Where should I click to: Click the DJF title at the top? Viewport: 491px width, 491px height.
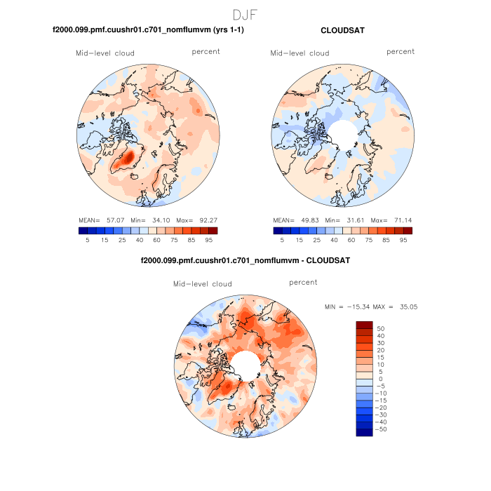[x=245, y=15]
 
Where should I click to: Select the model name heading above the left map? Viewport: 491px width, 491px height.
[x=148, y=31]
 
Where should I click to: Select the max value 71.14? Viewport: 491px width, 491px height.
[x=401, y=220]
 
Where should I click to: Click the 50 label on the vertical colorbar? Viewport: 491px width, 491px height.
[x=381, y=328]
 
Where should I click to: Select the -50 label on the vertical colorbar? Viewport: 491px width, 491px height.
[x=379, y=428]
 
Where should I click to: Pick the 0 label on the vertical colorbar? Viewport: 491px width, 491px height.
[x=379, y=379]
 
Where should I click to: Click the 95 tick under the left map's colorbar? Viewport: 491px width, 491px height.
[x=213, y=240]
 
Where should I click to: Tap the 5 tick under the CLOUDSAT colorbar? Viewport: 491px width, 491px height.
[x=282, y=240]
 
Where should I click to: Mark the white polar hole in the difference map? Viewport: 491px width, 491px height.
[x=245, y=363]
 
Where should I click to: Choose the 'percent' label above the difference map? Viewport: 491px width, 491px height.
[x=303, y=283]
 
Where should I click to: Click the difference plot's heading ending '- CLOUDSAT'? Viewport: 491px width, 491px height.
[x=245, y=260]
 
